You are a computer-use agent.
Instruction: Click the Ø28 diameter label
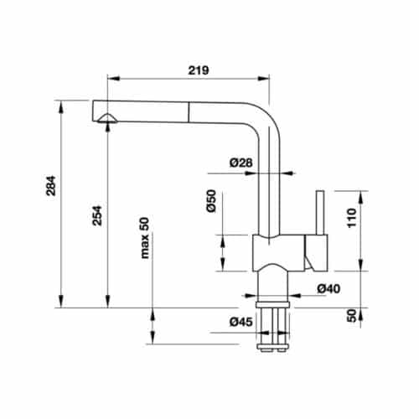click(x=240, y=162)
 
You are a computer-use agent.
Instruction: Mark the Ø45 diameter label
click(x=238, y=321)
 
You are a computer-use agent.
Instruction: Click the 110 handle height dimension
click(x=353, y=220)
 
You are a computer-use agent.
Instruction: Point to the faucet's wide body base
click(x=281, y=251)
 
